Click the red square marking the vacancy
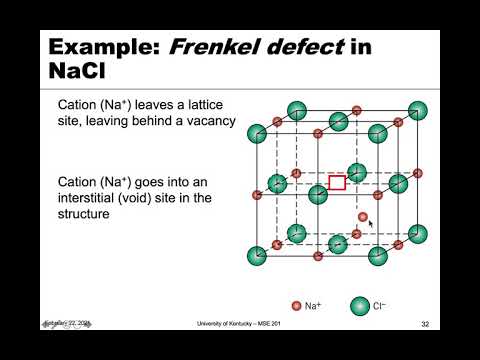(337, 182)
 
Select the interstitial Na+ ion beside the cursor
(363, 216)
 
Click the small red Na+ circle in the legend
(296, 305)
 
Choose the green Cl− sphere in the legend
(358, 305)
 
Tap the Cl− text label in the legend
(380, 305)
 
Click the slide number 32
(424, 324)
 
